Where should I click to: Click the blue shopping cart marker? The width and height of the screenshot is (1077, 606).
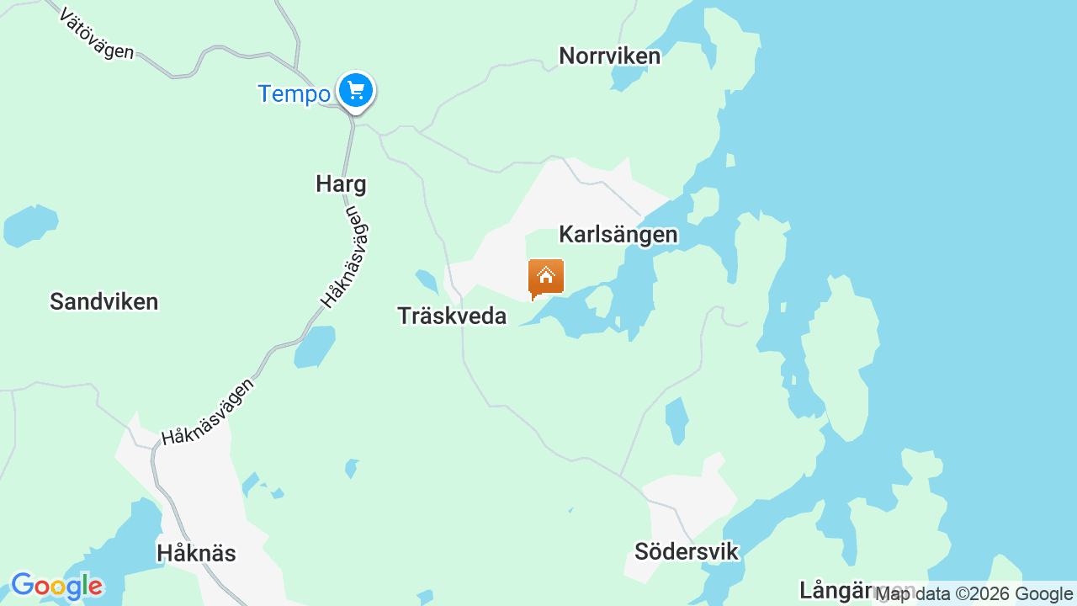click(x=356, y=90)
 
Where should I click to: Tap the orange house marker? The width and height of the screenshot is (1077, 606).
click(x=546, y=277)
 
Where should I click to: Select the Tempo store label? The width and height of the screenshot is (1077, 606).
click(x=294, y=93)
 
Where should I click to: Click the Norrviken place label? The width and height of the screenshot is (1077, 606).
click(x=609, y=56)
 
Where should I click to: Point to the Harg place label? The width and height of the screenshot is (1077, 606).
click(x=341, y=183)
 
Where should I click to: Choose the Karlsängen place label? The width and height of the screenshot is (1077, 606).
click(x=618, y=235)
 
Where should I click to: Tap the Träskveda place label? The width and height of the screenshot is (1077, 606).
click(x=452, y=316)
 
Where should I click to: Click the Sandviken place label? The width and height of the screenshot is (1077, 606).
click(x=103, y=301)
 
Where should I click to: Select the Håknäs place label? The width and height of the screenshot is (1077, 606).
click(x=196, y=553)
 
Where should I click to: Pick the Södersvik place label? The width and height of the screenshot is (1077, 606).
click(x=686, y=552)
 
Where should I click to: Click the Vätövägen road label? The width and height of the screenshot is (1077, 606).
click(x=97, y=34)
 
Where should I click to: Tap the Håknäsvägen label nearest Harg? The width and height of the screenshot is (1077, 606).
click(x=346, y=257)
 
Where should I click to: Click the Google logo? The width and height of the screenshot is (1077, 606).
click(x=56, y=586)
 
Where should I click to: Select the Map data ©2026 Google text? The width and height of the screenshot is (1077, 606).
click(x=974, y=594)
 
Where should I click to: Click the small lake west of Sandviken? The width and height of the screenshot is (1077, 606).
click(x=30, y=225)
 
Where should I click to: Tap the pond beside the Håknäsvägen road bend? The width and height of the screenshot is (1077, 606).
click(x=316, y=346)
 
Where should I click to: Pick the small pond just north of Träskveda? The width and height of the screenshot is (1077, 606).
click(x=427, y=281)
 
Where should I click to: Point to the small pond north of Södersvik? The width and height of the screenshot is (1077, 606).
click(x=676, y=420)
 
